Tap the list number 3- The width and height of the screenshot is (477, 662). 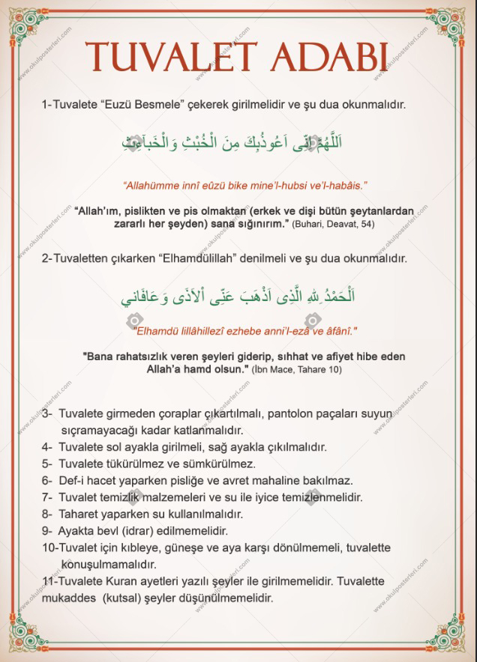click(46, 414)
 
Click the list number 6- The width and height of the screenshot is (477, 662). click(46, 480)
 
